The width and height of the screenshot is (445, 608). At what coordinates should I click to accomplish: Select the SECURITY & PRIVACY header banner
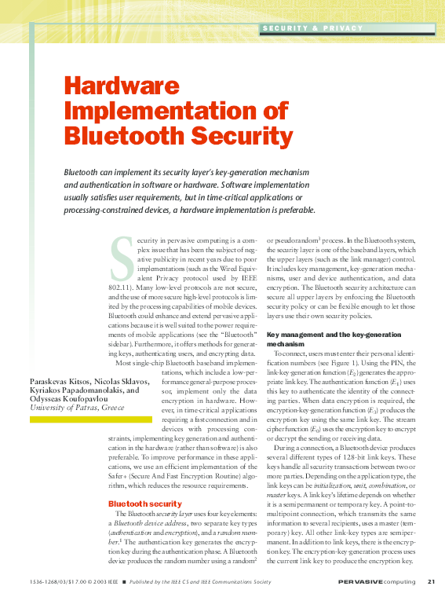313,28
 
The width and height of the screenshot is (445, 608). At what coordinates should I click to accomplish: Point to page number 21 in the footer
431,581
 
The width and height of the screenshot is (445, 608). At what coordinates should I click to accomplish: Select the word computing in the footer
401,581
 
